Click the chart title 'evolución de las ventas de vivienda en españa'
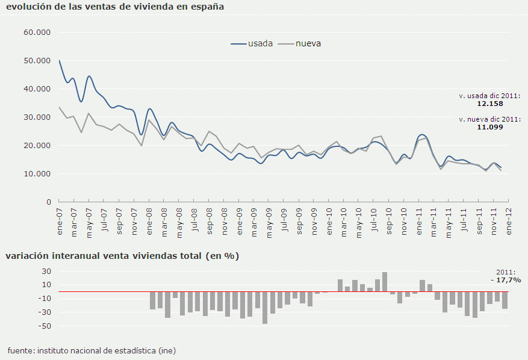(x=114, y=7)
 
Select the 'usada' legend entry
(x=260, y=43)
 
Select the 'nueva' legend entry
(x=308, y=43)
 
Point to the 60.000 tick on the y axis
(x=37, y=32)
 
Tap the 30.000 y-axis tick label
(x=37, y=117)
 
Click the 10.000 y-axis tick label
(x=37, y=174)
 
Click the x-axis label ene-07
(x=59, y=220)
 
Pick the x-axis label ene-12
(x=509, y=220)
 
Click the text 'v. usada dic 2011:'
(x=489, y=96)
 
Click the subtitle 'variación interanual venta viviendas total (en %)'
(x=122, y=256)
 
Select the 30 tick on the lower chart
(x=46, y=271)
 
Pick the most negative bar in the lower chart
(x=265, y=308)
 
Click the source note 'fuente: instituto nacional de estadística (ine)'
(x=92, y=350)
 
